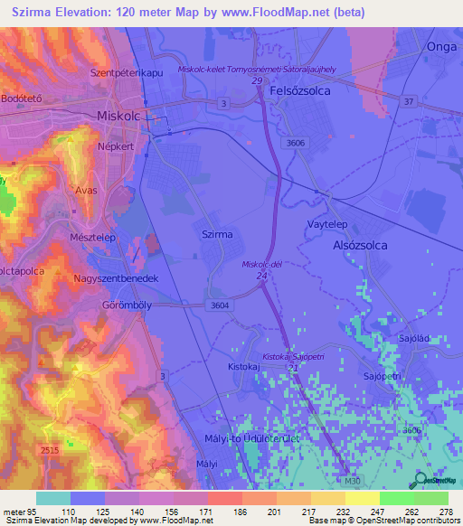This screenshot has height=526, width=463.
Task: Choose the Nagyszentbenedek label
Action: pos(117,279)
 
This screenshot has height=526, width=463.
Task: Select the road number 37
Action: pos(407,101)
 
